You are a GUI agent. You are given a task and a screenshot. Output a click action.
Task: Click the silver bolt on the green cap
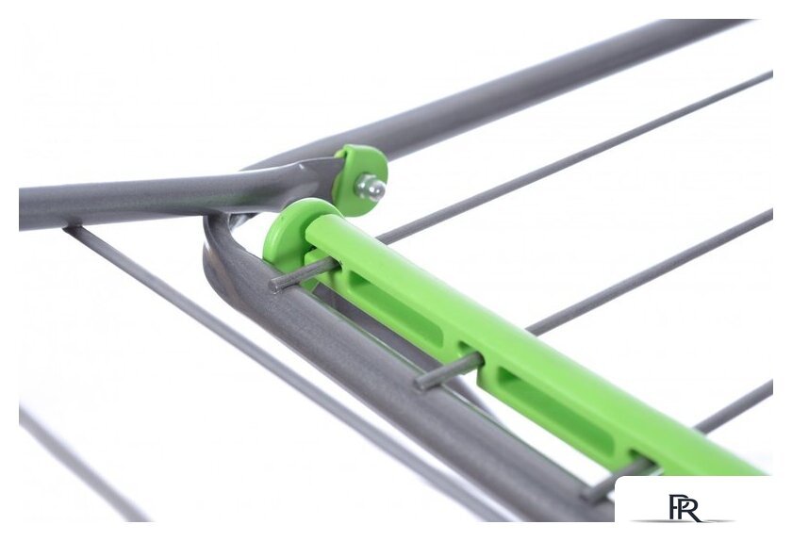(x=371, y=187)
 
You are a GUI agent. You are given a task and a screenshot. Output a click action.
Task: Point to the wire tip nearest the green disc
(x=275, y=285)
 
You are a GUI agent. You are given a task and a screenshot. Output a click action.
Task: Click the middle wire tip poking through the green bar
(x=422, y=381)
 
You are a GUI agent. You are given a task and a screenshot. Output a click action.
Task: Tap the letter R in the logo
(x=691, y=508)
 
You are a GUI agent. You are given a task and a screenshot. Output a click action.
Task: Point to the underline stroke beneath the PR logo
(x=683, y=520)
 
